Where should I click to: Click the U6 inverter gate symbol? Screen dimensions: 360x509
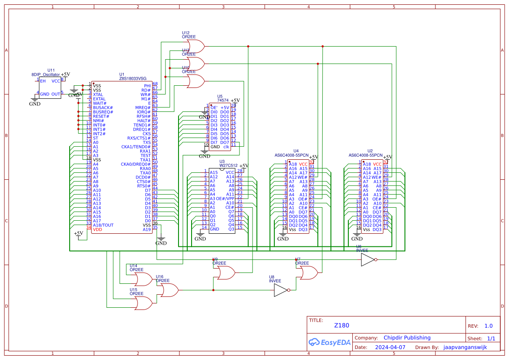367,260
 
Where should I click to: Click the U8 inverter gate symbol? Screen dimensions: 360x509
280,290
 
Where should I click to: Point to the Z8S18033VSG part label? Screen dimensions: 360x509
134,79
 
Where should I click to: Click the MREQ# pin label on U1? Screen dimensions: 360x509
142,108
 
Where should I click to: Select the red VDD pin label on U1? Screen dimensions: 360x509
98,229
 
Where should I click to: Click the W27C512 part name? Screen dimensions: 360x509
229,165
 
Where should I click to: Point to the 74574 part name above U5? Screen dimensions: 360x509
223,101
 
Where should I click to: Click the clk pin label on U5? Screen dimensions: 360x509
226,147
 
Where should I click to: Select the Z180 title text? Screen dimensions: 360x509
341,325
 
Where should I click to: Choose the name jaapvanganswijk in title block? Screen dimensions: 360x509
465,347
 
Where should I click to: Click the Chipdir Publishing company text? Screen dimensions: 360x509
407,338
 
